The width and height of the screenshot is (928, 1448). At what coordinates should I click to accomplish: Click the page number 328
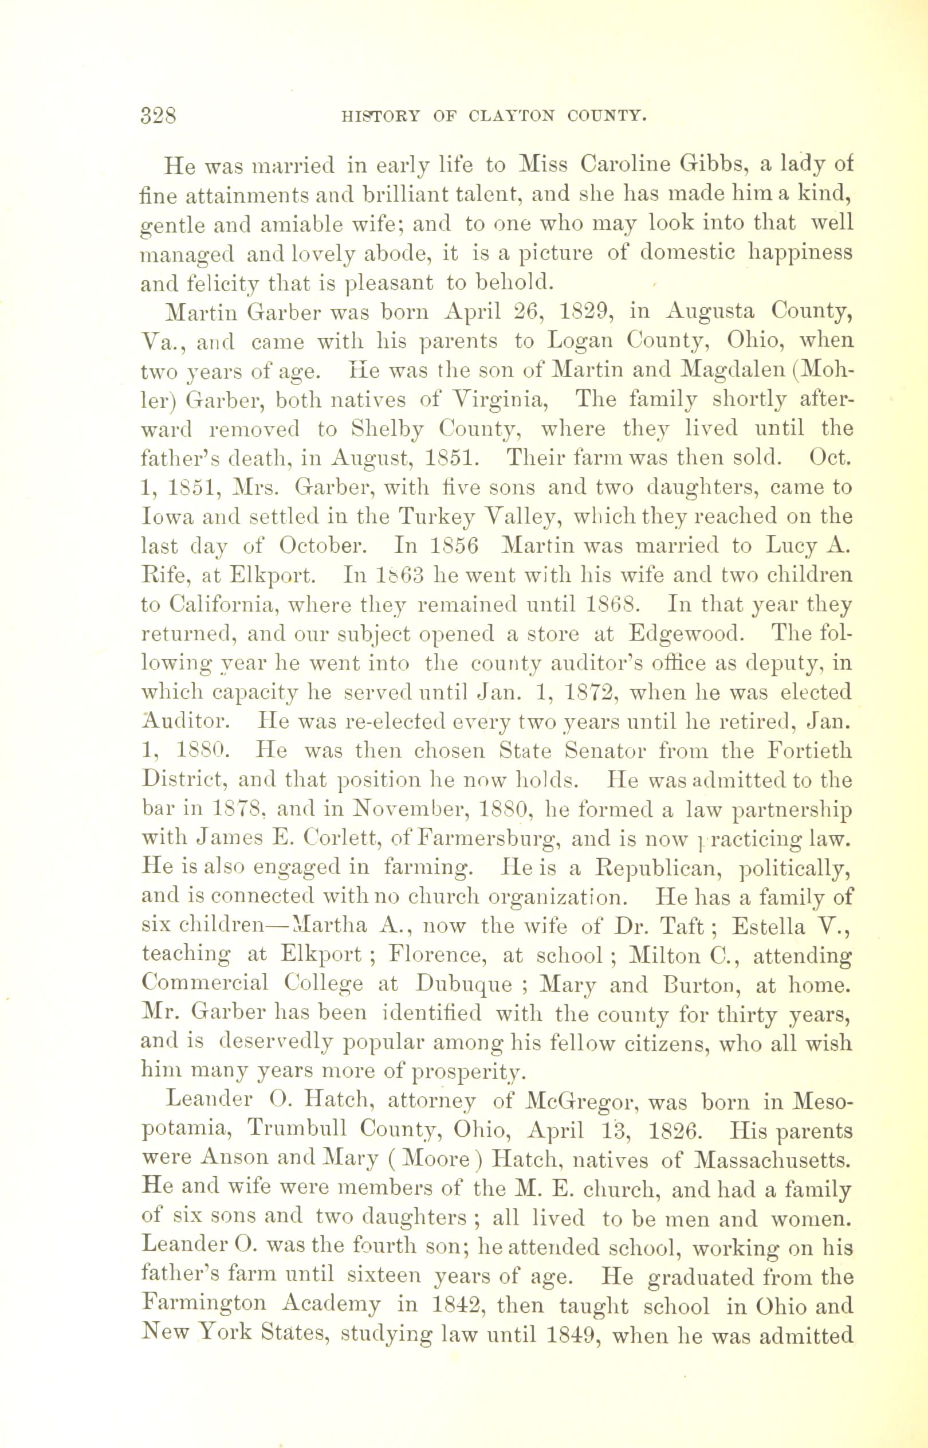click(x=159, y=114)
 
